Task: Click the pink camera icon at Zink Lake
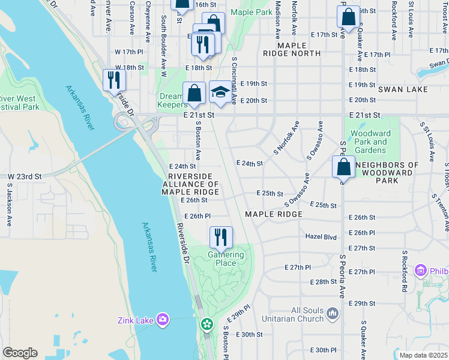pos(161,318)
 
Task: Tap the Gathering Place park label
pos(226,259)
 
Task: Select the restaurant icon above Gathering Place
pos(221,237)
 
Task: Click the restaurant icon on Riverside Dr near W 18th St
pos(113,79)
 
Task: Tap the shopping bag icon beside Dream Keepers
pos(194,93)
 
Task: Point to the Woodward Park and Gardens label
pos(370,142)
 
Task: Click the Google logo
pos(20,353)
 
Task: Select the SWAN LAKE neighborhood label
pos(403,89)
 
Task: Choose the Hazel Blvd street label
pos(322,236)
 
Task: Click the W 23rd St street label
pos(24,177)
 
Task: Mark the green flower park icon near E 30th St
pos(207,325)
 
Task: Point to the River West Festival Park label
pos(20,103)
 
